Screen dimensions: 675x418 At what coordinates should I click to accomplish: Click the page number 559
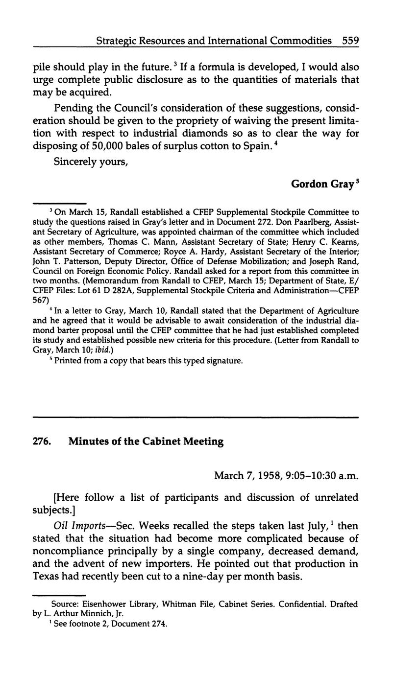[x=350, y=41]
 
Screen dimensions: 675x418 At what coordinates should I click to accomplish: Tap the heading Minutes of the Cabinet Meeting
[x=146, y=442]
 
